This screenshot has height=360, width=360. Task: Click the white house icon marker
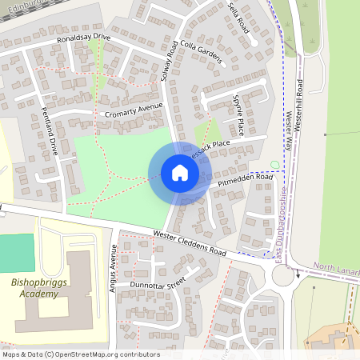180,173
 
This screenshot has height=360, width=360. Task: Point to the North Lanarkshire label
336,269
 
